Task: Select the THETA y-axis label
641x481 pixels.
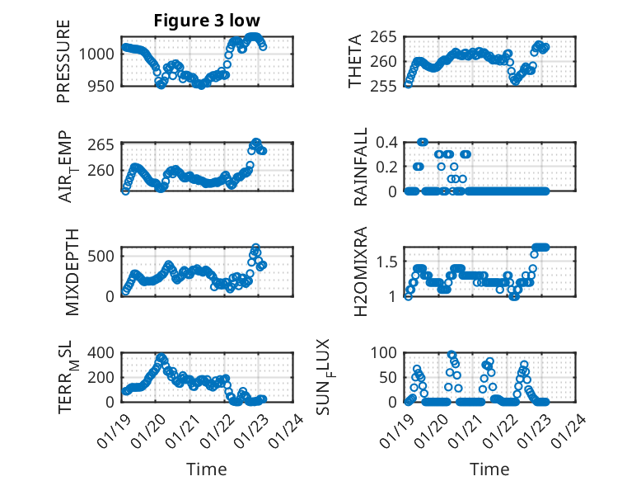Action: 354,61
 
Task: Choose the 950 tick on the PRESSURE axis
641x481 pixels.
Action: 101,85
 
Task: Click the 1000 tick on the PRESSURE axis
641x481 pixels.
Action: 98,54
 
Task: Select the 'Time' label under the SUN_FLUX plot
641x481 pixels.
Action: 489,469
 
